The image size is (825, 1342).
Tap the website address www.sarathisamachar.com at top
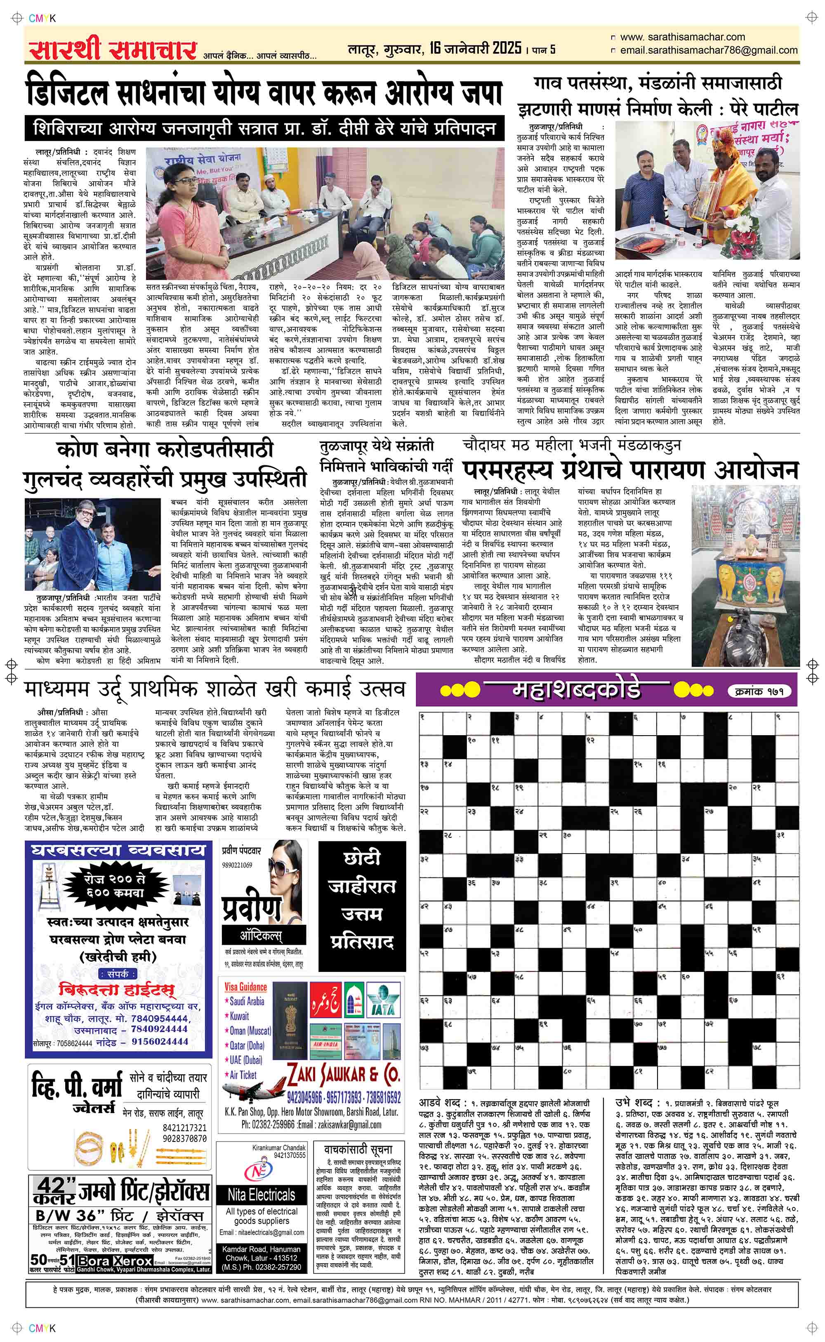(x=682, y=37)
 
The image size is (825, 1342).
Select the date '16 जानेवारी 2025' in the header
(x=475, y=49)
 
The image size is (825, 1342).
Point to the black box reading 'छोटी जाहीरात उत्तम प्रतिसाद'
(x=362, y=903)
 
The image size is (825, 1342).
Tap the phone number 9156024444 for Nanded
(x=160, y=1041)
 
